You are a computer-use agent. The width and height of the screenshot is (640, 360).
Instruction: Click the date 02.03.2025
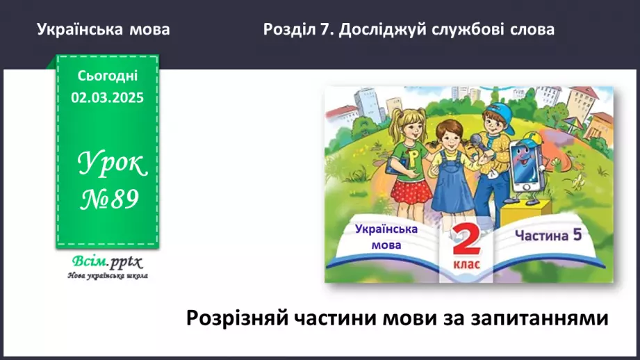click(x=107, y=98)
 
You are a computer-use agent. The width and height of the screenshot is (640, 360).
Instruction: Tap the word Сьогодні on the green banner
click(x=107, y=76)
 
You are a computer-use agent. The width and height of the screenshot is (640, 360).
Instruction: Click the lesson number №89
click(x=108, y=200)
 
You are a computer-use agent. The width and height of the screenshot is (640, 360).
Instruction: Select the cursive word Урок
click(x=111, y=165)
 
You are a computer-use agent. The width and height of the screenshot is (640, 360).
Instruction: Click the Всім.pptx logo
click(x=106, y=262)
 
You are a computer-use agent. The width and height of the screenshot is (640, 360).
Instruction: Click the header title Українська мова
click(x=103, y=30)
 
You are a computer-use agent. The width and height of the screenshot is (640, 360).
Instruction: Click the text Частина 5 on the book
click(x=547, y=235)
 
